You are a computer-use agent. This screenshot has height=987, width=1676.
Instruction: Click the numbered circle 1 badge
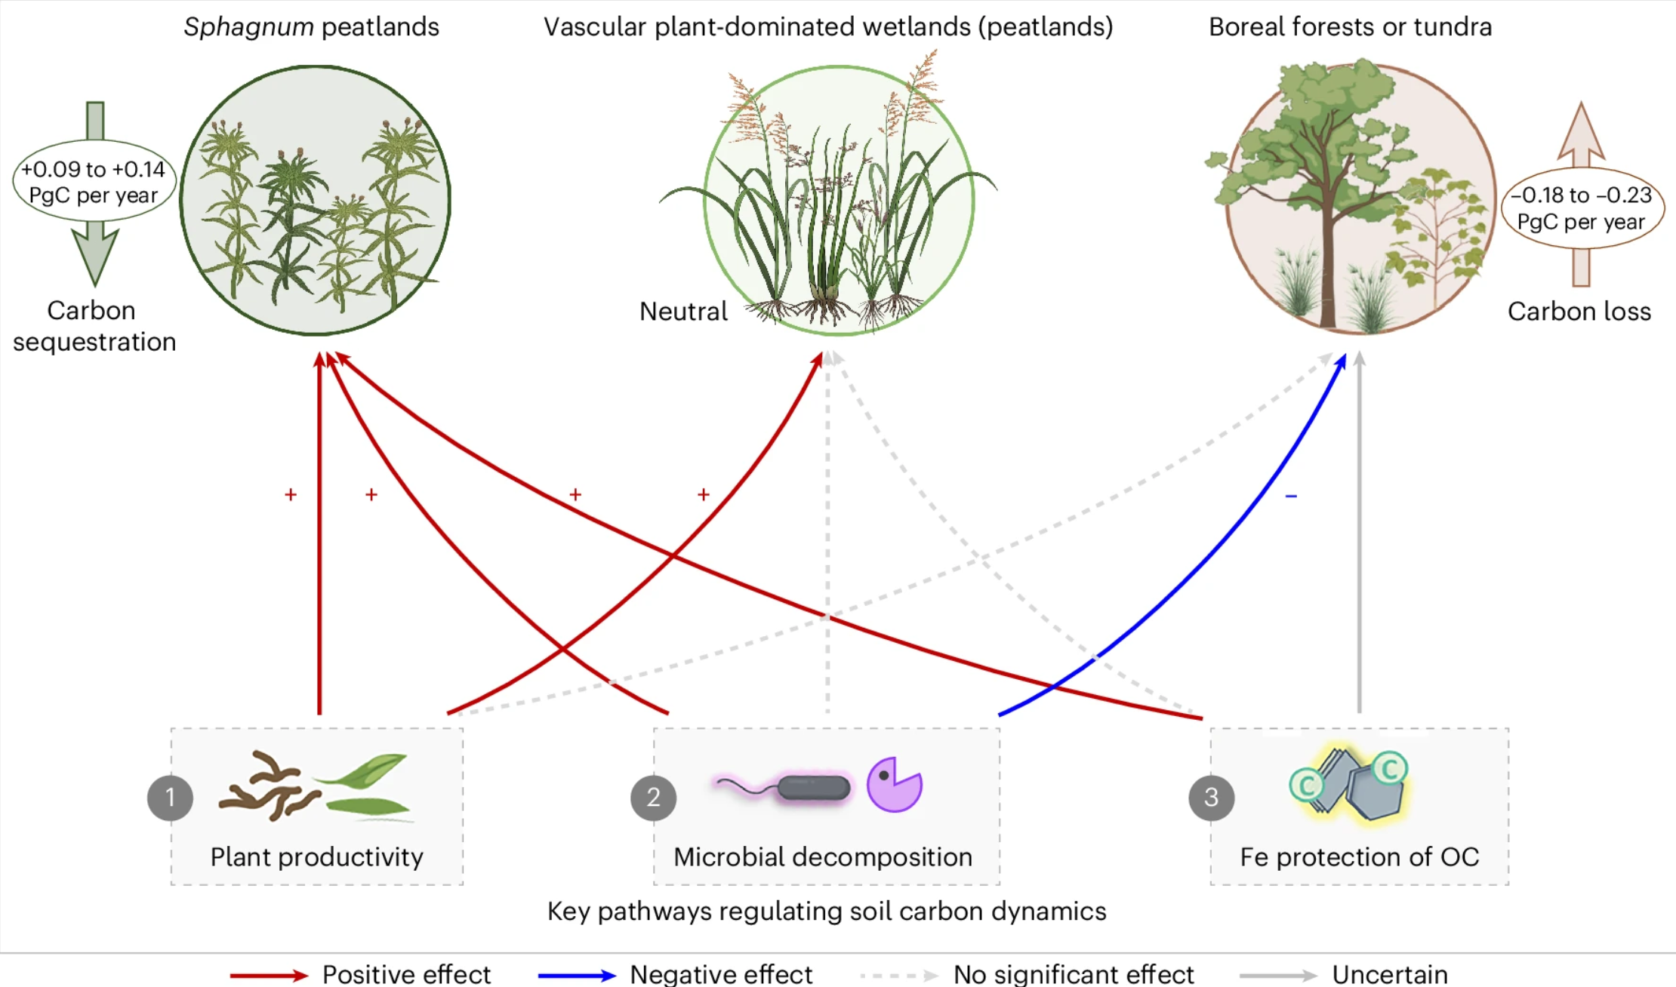[170, 798]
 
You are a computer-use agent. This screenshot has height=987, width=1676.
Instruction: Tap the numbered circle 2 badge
[653, 798]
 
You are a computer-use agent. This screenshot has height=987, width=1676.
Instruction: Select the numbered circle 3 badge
[1211, 798]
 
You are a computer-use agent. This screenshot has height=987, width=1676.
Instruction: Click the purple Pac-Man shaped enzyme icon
[894, 785]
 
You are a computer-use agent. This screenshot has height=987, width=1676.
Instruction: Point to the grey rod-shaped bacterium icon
[813, 788]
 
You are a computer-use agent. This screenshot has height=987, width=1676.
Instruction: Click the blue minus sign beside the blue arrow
[1291, 496]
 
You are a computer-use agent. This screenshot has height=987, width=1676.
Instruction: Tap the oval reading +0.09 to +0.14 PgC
[94, 181]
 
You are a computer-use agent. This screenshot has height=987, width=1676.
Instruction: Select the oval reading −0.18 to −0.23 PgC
[1582, 208]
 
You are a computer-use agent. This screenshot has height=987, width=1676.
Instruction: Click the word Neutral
[683, 311]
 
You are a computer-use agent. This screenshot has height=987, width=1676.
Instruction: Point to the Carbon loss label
[1579, 311]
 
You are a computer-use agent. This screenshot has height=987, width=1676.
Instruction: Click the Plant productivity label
[316, 857]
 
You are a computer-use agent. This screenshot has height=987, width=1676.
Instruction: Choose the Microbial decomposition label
[823, 857]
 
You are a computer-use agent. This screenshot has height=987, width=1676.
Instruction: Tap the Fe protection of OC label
[1359, 857]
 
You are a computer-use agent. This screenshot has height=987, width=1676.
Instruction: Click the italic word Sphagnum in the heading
[248, 27]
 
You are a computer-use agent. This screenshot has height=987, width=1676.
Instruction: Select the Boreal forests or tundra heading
[1350, 27]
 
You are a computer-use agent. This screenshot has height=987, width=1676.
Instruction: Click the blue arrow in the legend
[577, 975]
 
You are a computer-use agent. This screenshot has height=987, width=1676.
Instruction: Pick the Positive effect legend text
[406, 974]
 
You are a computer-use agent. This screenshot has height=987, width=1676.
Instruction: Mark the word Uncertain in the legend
[1389, 974]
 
